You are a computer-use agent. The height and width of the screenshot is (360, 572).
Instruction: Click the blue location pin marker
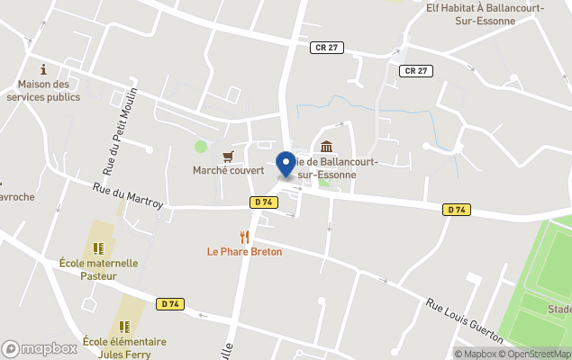(287, 164)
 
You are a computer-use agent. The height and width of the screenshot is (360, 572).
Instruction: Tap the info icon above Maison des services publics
(43, 69)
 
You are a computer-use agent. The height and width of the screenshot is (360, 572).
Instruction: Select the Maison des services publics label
(43, 91)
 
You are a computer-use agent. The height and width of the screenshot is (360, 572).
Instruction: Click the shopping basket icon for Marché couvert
(241, 155)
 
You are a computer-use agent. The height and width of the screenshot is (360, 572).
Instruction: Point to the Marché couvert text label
(228, 170)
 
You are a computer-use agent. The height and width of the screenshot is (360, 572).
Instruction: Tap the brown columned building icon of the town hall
(325, 147)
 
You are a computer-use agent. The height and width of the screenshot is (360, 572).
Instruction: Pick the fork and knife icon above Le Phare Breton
(244, 237)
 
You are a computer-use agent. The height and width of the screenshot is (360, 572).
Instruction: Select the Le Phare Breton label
(244, 252)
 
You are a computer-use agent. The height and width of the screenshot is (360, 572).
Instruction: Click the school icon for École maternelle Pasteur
(98, 248)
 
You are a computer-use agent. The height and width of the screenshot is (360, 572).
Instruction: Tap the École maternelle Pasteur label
(98, 270)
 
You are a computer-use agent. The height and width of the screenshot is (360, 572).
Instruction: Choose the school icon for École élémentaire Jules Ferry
(124, 328)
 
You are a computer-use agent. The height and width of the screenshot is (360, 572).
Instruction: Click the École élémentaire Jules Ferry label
(124, 347)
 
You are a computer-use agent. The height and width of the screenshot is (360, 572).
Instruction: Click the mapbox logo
(40, 348)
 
